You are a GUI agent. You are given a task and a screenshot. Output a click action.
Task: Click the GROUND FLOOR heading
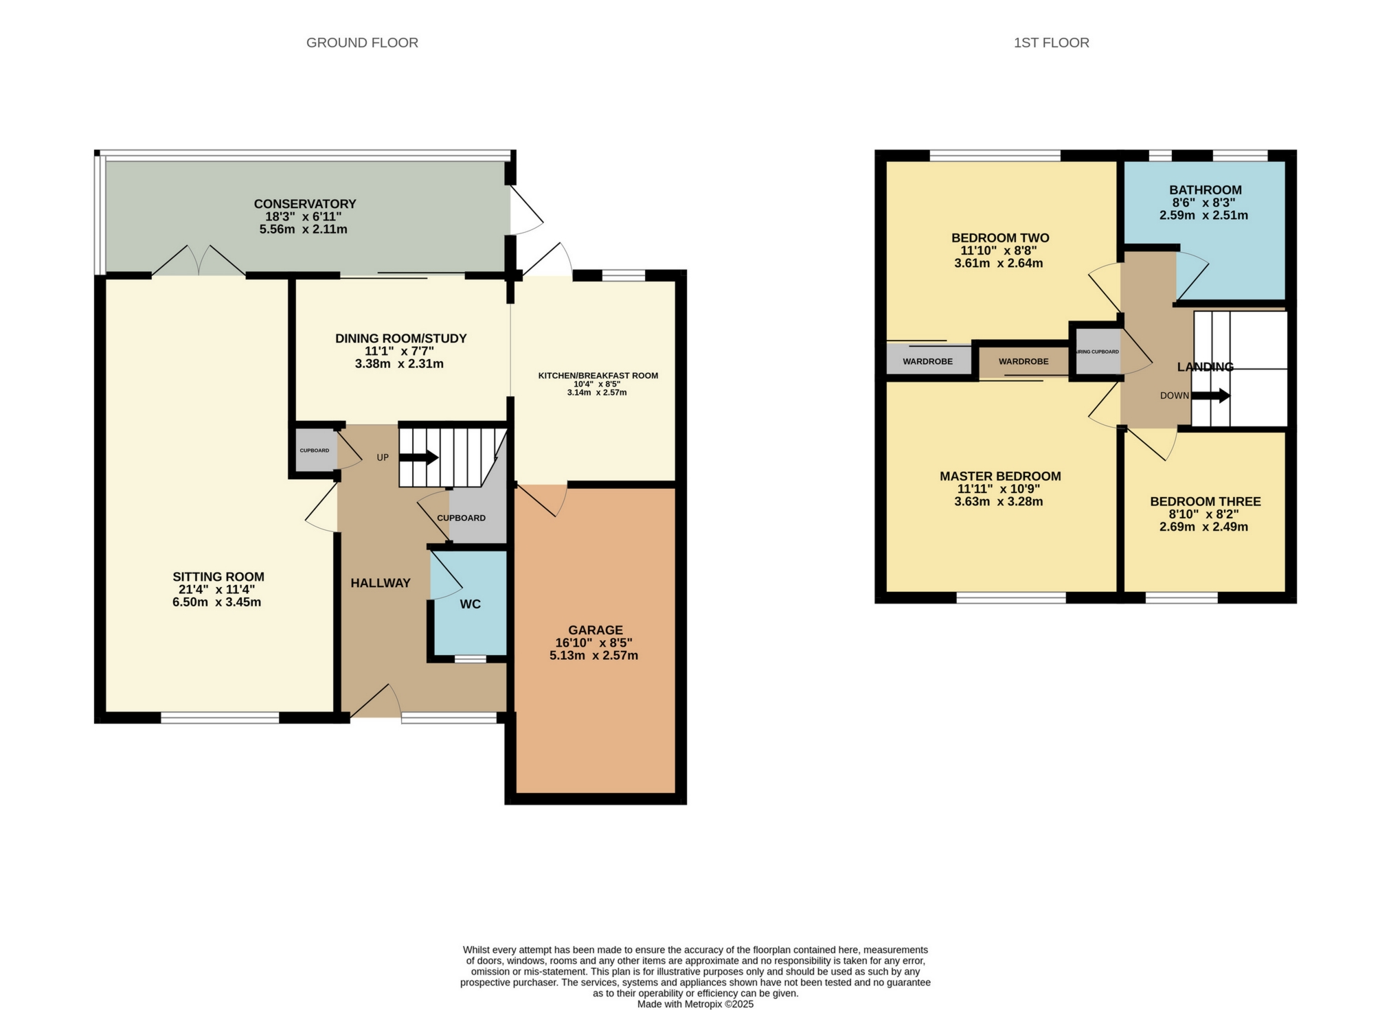pyautogui.click(x=362, y=43)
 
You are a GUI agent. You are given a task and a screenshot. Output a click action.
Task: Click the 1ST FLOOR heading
pyautogui.click(x=1051, y=43)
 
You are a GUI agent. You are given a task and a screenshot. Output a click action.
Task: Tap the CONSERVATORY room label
pyautogui.click(x=305, y=204)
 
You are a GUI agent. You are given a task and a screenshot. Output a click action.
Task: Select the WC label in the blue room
pyautogui.click(x=470, y=604)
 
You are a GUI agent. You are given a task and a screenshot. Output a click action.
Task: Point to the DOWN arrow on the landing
pyautogui.click(x=1210, y=396)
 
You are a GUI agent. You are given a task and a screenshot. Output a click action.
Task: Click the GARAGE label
pyautogui.click(x=596, y=630)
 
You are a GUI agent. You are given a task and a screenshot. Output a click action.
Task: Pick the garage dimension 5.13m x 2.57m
pyautogui.click(x=593, y=656)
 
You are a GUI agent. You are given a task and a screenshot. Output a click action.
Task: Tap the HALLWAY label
pyautogui.click(x=381, y=583)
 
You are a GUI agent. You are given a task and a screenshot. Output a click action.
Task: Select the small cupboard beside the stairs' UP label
pyautogui.click(x=314, y=450)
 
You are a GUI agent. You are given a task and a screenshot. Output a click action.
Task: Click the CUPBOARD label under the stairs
pyautogui.click(x=462, y=518)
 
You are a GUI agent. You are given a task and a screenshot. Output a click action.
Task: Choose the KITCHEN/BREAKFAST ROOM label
pyautogui.click(x=598, y=376)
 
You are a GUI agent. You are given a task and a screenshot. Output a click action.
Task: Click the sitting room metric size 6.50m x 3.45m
pyautogui.click(x=216, y=603)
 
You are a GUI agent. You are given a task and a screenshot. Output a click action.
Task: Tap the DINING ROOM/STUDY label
pyautogui.click(x=400, y=338)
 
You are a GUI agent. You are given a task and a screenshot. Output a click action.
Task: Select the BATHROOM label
pyautogui.click(x=1206, y=190)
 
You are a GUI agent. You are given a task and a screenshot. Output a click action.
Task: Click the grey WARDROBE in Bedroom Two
pyautogui.click(x=927, y=361)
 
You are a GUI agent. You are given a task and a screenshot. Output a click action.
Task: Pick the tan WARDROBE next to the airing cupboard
pyautogui.click(x=1024, y=361)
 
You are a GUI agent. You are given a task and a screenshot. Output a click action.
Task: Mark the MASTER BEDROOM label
pyautogui.click(x=1000, y=476)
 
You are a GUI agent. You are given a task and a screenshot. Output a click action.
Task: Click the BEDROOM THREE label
pyautogui.click(x=1205, y=502)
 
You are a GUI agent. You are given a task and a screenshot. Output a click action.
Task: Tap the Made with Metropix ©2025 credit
pyautogui.click(x=695, y=1004)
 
